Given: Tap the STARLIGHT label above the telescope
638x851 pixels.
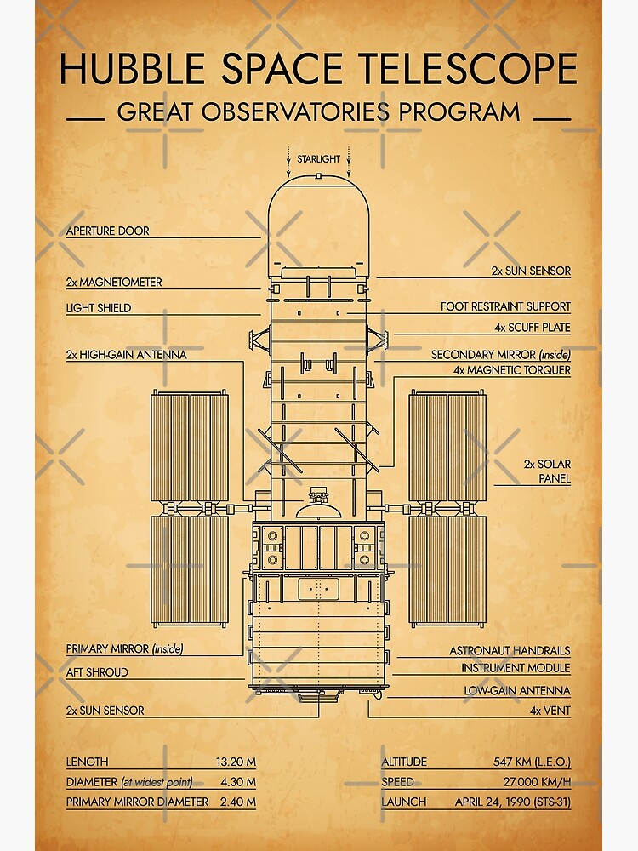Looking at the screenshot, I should tap(318, 159).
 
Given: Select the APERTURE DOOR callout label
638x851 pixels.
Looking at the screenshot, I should tap(107, 231).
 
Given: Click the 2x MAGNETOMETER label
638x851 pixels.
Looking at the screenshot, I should tap(114, 282).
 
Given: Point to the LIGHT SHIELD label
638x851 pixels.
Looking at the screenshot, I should tap(99, 308).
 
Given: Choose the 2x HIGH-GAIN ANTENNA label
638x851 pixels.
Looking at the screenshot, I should tap(126, 355).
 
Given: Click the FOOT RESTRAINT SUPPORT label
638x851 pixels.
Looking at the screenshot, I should tap(505, 306).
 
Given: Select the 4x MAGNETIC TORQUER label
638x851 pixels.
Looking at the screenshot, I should tap(512, 370).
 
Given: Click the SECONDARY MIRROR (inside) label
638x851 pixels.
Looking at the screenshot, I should tap(500, 355).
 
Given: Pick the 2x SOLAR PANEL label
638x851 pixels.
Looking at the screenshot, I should tap(547, 471).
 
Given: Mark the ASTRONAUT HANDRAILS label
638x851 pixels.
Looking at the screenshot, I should tap(510, 650).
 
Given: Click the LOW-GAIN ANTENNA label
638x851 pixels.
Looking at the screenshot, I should tap(517, 691).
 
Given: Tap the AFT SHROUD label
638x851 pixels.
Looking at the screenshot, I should tap(97, 672).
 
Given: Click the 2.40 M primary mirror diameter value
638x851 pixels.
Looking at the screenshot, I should tap(238, 802).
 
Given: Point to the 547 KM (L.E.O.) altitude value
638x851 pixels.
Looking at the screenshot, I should tap(532, 762).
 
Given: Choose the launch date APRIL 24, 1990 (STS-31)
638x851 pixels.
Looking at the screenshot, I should tap(512, 802).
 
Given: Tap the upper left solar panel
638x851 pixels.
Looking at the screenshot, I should tap(190, 447).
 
